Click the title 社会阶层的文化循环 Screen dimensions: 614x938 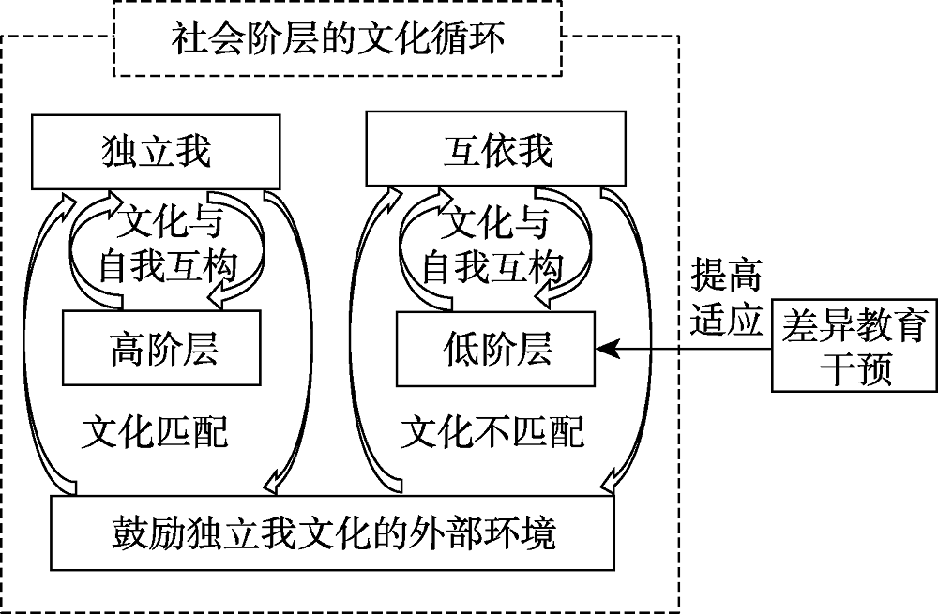339,39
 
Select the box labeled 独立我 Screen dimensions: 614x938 156,151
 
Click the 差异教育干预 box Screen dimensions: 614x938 854,347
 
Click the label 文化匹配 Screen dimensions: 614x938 155,432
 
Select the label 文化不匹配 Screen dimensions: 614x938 492,432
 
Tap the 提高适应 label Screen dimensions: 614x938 724,298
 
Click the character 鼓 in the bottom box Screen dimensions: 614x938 125,532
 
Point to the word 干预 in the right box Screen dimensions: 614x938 854,367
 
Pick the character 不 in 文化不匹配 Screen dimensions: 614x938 492,432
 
